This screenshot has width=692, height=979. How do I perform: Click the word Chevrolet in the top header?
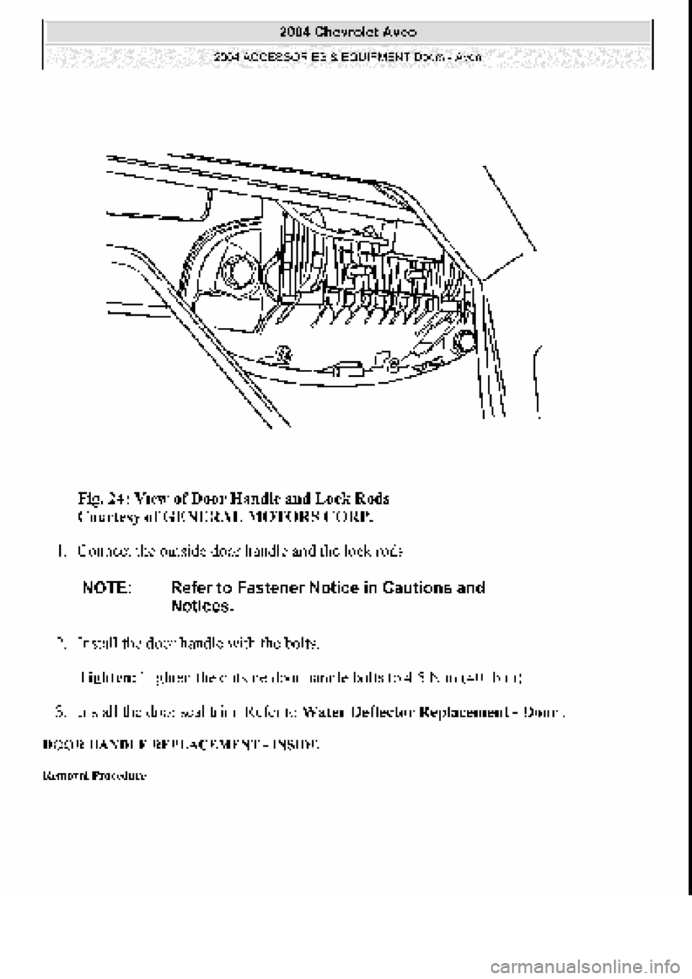click(345, 32)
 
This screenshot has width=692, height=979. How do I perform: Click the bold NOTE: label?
click(107, 588)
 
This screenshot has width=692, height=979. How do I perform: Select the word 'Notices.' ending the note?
click(203, 606)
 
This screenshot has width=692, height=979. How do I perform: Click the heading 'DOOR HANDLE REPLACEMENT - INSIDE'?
click(179, 742)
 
